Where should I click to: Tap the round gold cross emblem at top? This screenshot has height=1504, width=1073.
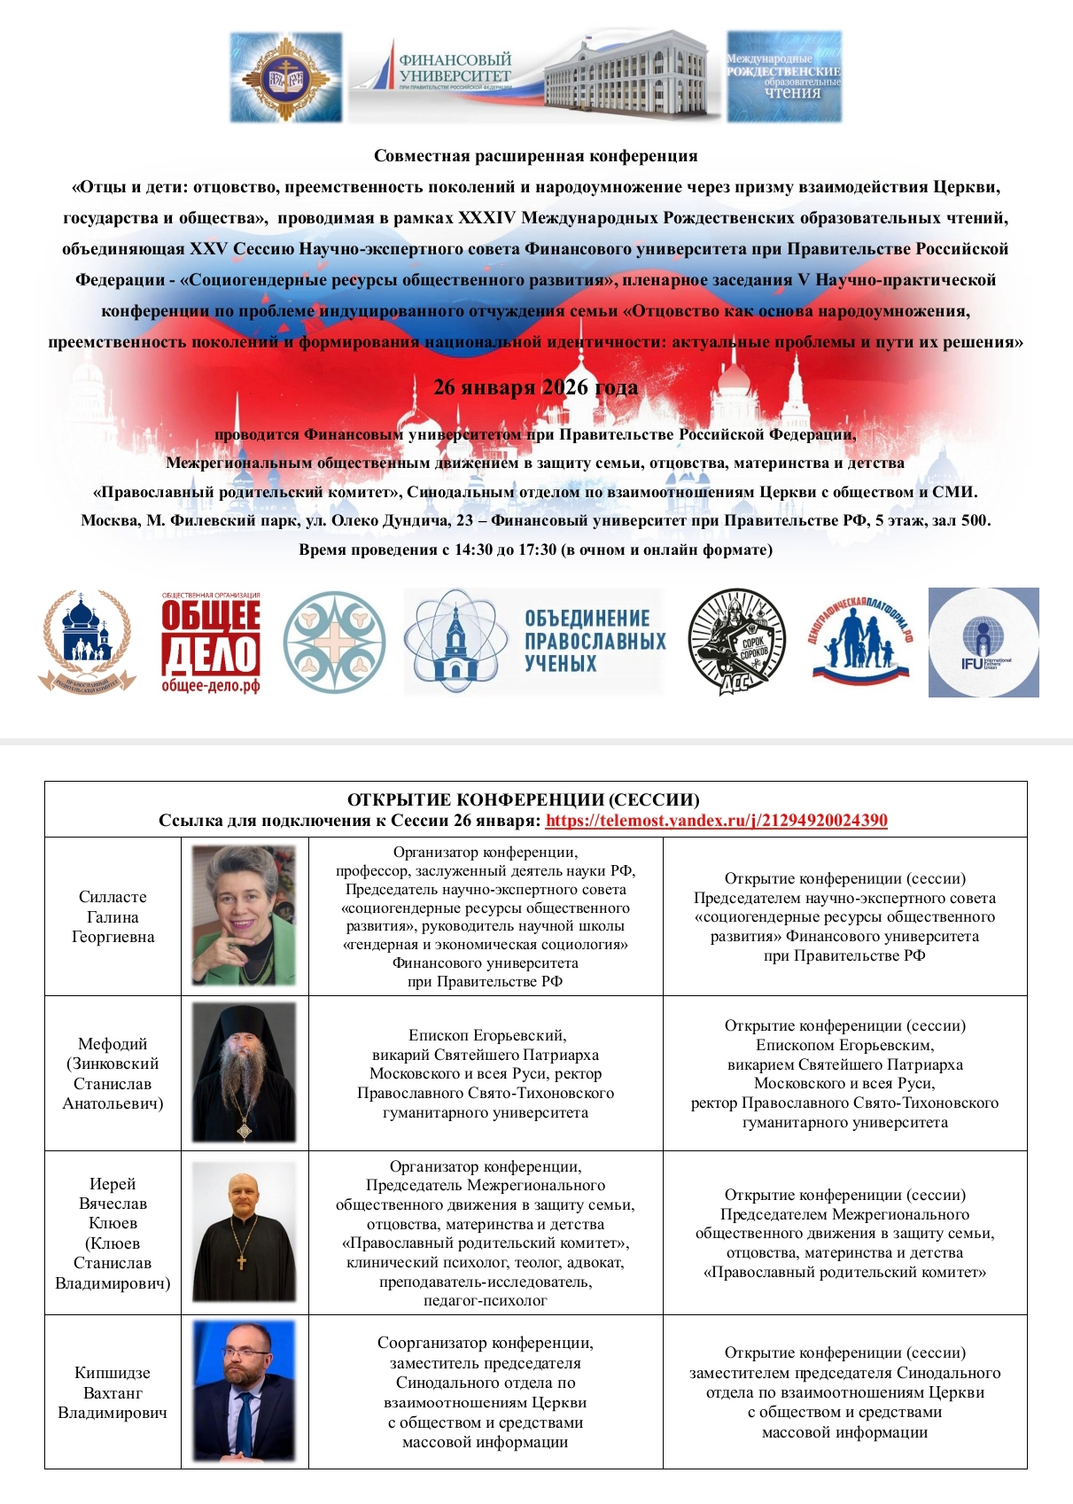(x=285, y=78)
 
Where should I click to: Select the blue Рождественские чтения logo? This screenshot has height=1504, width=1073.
(x=783, y=77)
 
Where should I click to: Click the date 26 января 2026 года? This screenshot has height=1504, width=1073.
(x=535, y=387)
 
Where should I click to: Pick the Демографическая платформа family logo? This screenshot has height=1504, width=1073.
(x=861, y=640)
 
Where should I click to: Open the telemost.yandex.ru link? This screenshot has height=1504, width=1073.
(x=716, y=821)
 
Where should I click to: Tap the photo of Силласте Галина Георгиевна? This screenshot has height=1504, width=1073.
(x=245, y=916)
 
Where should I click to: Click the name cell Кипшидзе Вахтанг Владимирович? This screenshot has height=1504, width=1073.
(x=113, y=1392)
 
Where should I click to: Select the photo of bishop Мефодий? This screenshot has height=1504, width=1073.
(x=245, y=1072)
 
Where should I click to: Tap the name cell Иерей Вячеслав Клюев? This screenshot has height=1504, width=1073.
(x=113, y=1233)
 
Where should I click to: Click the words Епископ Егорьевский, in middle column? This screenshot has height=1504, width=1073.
(x=486, y=1035)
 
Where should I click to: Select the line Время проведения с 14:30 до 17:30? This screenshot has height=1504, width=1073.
(x=535, y=549)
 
